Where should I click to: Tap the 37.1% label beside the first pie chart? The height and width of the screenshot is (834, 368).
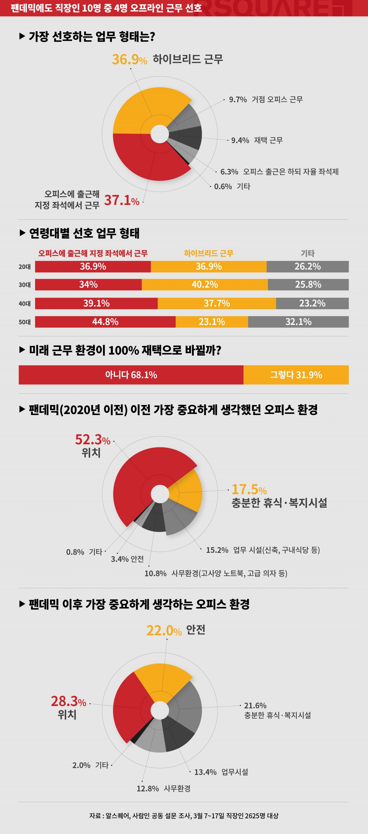tap(121, 200)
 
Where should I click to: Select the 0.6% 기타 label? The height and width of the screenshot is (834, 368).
tap(232, 187)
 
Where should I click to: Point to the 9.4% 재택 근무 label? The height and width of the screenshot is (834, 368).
tap(257, 140)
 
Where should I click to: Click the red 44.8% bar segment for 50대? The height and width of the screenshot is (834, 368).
tap(105, 322)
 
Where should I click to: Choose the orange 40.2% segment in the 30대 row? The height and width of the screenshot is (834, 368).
tap(205, 284)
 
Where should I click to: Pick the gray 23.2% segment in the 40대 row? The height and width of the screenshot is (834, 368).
tap(312, 303)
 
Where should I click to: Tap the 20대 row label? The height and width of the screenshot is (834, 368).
tap(25, 267)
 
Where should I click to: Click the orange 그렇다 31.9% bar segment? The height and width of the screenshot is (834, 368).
tap(296, 375)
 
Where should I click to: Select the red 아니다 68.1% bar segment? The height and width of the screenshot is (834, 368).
tap(131, 375)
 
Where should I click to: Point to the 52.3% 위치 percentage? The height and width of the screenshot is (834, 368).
tap(92, 440)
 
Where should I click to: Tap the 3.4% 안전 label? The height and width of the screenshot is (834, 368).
tap(127, 559)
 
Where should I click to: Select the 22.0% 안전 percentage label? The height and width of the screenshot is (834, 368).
tap(164, 630)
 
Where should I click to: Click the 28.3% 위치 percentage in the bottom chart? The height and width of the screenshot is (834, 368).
tap(68, 701)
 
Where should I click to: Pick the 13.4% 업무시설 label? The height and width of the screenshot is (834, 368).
tap(221, 772)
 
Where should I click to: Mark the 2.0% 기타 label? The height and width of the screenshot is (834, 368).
tap(90, 765)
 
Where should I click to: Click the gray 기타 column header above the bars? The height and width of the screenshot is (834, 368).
tap(307, 253)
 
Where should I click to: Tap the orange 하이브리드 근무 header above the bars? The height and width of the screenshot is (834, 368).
tap(209, 253)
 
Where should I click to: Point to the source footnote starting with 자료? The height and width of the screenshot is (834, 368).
tap(184, 816)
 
